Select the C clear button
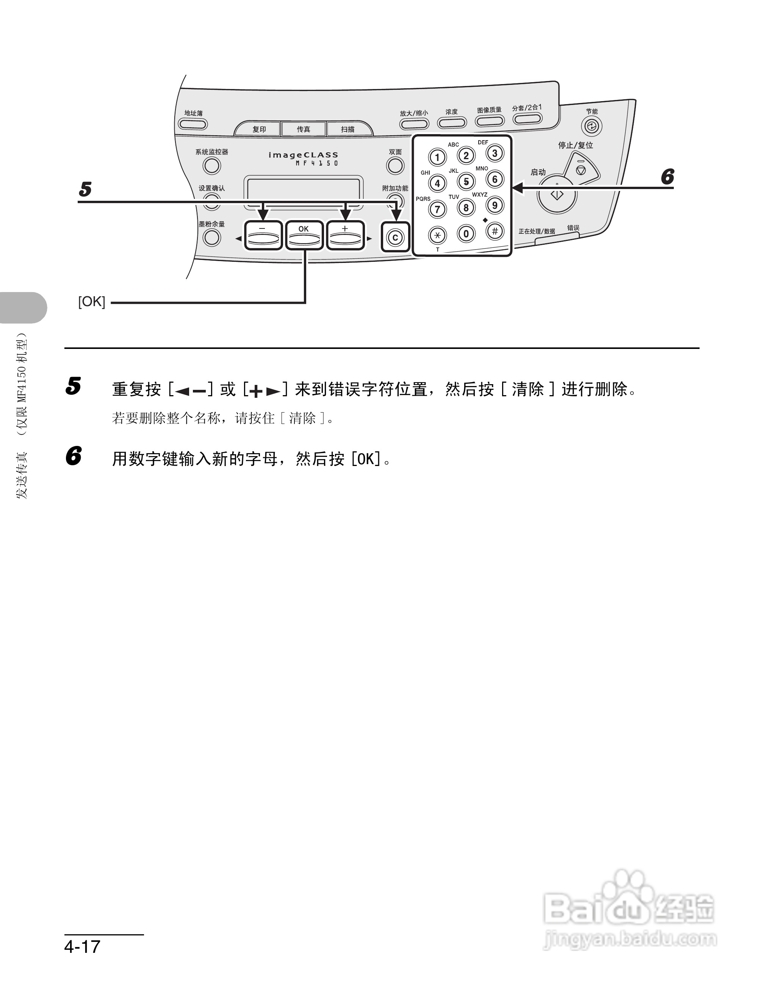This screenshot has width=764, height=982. [395, 238]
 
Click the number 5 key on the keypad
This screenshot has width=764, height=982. [466, 181]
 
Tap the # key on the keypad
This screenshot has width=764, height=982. [495, 231]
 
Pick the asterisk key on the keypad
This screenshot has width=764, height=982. [437, 235]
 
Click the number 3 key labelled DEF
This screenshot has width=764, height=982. [495, 153]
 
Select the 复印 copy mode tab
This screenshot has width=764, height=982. [259, 129]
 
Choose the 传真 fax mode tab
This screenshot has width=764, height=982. [304, 129]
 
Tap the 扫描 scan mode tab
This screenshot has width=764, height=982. [348, 129]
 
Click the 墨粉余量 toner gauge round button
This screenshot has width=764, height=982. [212, 238]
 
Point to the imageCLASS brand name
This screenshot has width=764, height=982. [303, 155]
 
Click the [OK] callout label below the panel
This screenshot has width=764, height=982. [92, 302]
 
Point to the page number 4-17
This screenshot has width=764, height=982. [82, 946]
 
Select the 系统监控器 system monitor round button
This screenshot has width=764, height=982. [212, 166]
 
